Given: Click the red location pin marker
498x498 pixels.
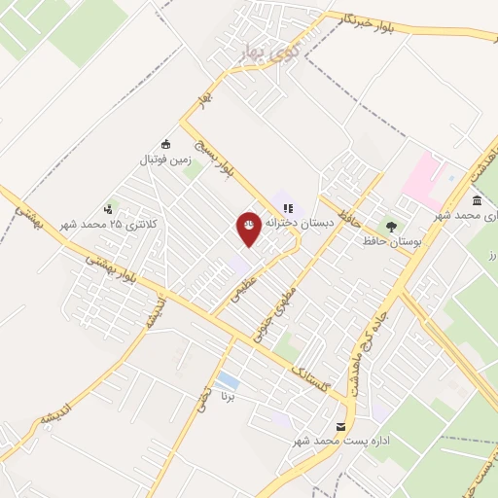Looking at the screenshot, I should tap(249, 227).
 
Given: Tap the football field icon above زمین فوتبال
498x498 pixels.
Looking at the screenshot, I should tap(165, 144).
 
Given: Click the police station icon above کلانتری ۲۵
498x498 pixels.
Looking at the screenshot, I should tap(109, 208).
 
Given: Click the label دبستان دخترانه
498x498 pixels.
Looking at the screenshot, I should tap(301, 223).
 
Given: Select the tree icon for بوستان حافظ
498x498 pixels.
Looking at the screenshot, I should tap(392, 225).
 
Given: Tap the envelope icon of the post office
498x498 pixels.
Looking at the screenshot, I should tap(340, 427).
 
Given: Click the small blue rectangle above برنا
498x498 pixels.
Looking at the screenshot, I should tap(227, 380).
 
